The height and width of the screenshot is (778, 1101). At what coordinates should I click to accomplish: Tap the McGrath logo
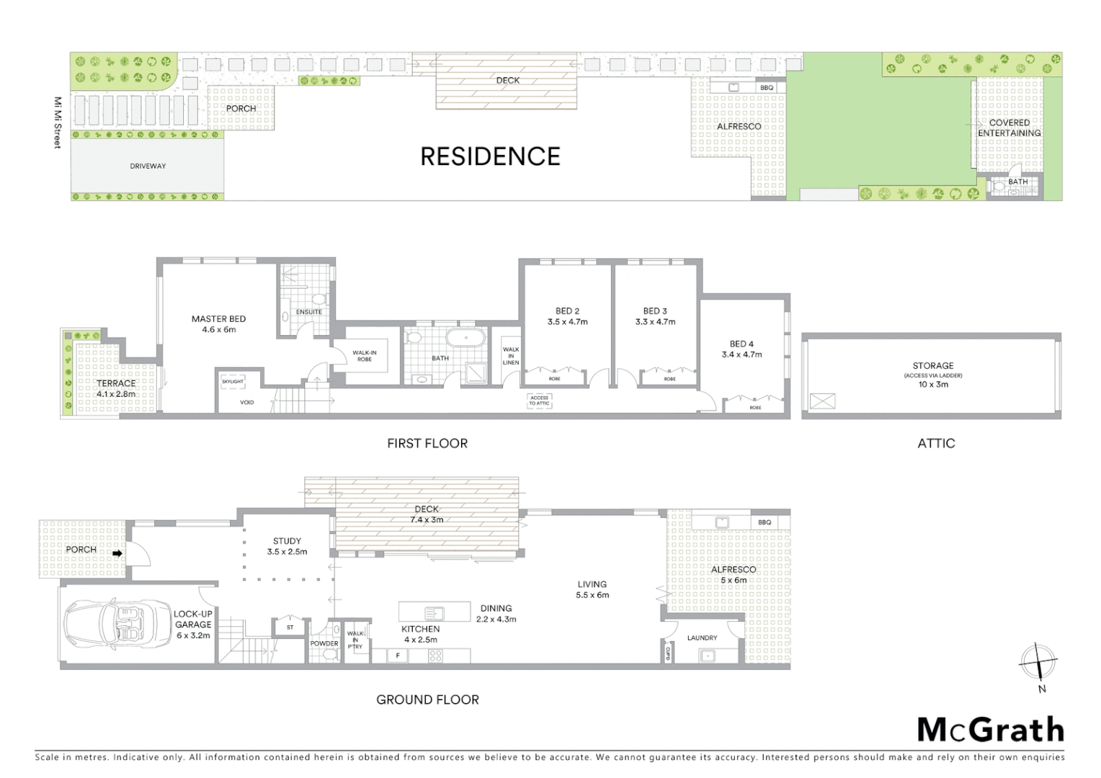coord(990,730)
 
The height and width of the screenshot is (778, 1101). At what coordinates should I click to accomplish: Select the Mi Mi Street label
coord(58,122)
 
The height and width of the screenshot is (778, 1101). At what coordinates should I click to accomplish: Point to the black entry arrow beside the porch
coord(117,553)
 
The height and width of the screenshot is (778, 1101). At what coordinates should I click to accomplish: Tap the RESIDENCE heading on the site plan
coord(490,156)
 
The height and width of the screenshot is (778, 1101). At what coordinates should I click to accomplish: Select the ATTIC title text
coord(936,444)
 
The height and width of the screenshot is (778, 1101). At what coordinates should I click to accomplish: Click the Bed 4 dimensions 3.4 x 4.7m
coord(741,354)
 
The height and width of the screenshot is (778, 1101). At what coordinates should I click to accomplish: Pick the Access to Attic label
coord(539,401)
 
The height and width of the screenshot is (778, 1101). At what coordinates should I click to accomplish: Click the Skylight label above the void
coord(232,382)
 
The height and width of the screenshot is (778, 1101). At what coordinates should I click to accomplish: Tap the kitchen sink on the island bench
coord(434,613)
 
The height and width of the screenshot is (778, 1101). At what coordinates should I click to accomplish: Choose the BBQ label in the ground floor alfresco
coord(765,522)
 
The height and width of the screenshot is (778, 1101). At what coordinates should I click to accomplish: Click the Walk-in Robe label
coord(365,356)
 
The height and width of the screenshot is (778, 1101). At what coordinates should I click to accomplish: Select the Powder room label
coord(324,643)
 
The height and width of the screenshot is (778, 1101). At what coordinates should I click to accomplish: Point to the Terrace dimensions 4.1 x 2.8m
coord(116,394)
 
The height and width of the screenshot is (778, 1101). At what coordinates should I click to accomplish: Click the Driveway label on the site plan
coord(148,166)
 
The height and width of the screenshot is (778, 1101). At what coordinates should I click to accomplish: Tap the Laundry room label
coord(702,638)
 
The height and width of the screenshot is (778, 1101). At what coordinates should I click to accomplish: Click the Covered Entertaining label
coord(1009,128)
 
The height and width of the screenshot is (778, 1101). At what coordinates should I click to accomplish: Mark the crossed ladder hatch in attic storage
coord(822,401)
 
